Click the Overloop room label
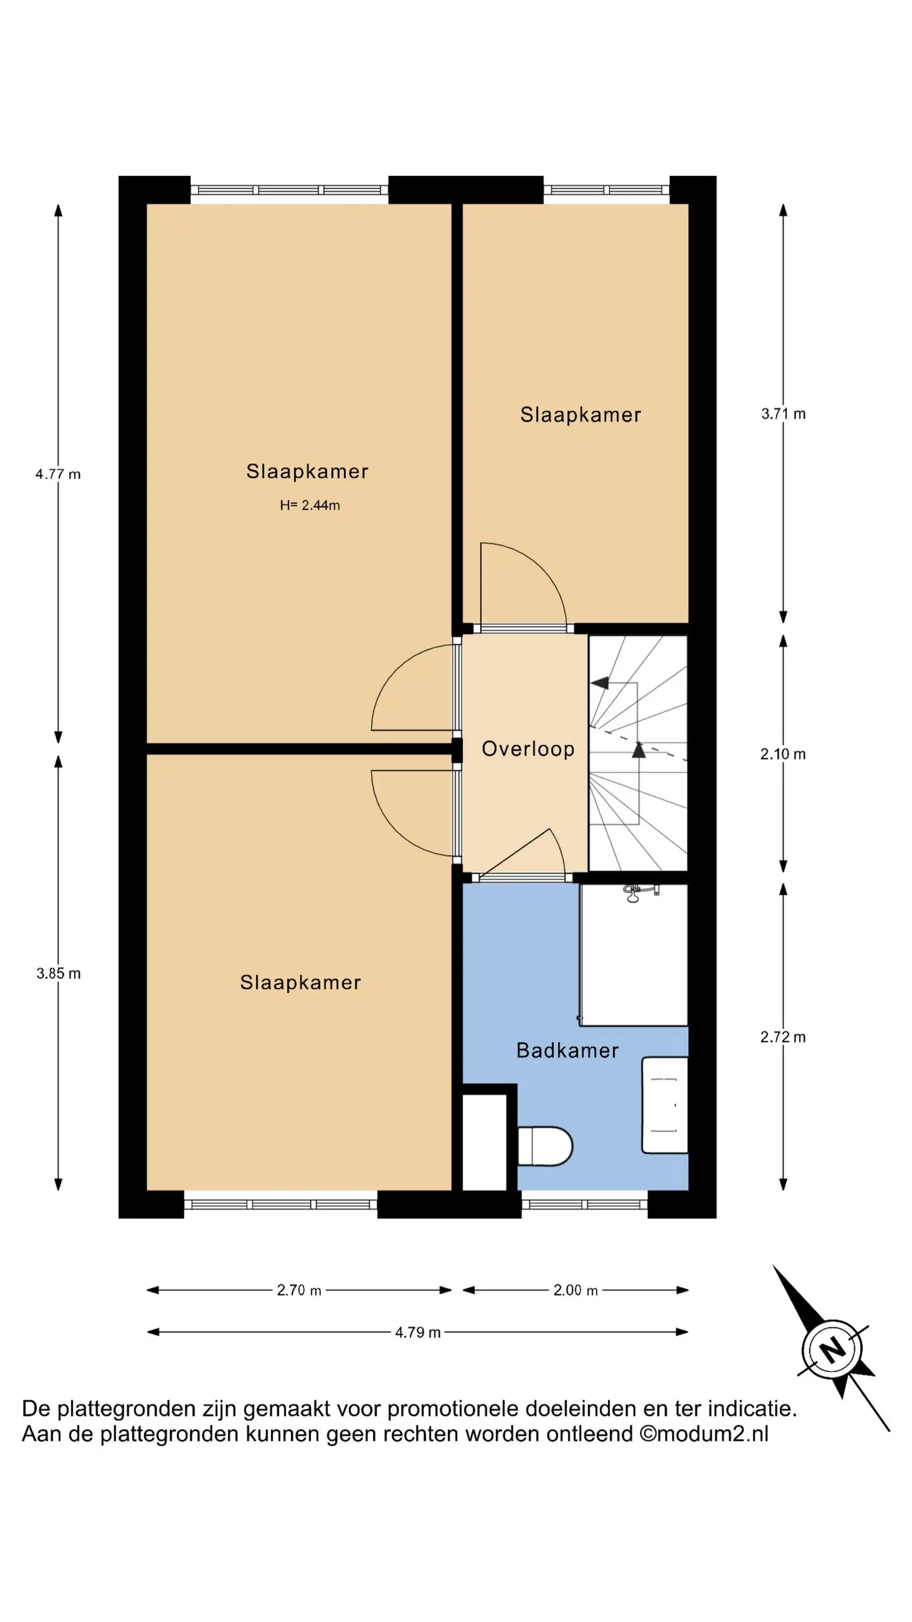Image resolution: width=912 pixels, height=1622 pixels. pyautogui.click(x=527, y=749)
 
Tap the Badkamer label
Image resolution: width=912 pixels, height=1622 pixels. pyautogui.click(x=567, y=1051)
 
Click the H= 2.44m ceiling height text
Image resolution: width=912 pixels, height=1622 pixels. pyautogui.click(x=310, y=505)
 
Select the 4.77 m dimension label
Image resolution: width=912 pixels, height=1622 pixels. pyautogui.click(x=58, y=474)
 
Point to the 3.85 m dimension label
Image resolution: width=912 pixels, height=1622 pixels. pyautogui.click(x=58, y=973)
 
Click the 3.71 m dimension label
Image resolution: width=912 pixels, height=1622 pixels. pyautogui.click(x=783, y=414)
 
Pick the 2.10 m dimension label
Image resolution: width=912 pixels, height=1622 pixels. pyautogui.click(x=783, y=754)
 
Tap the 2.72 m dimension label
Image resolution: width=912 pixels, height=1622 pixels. pyautogui.click(x=783, y=1037)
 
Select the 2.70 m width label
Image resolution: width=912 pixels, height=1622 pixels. pyautogui.click(x=299, y=1290)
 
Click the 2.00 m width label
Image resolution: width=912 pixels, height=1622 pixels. pyautogui.click(x=575, y=1290)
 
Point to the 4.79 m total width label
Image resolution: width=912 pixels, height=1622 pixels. pyautogui.click(x=418, y=1332)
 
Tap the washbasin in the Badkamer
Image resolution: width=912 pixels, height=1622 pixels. pyautogui.click(x=665, y=1105)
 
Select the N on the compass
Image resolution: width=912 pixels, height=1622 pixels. pyautogui.click(x=832, y=1350)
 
